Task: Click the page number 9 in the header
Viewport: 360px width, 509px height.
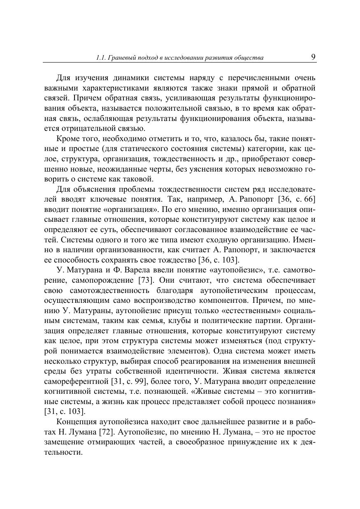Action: click(x=313, y=57)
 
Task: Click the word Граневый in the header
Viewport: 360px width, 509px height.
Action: click(x=123, y=58)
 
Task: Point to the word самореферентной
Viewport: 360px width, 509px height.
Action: click(x=76, y=381)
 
